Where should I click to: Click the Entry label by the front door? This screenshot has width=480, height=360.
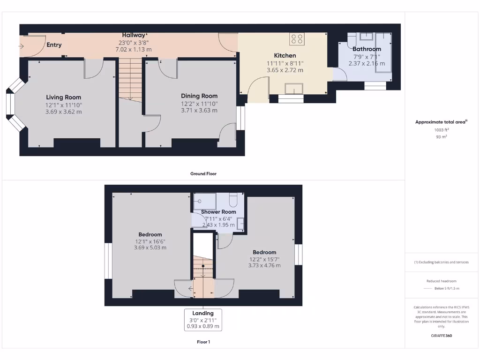point(54,45)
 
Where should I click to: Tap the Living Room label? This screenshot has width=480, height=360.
point(64,97)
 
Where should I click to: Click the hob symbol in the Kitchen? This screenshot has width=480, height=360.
point(297,39)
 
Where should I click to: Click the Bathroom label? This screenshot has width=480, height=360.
point(367,49)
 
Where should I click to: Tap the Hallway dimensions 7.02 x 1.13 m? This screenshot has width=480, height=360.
point(134,49)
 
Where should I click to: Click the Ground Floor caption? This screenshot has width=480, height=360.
point(203,173)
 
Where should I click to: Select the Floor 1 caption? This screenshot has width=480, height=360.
point(203,342)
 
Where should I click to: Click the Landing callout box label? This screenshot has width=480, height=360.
point(203,313)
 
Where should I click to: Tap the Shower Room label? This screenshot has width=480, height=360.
point(218,212)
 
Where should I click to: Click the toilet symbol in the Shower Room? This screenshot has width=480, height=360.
point(233,201)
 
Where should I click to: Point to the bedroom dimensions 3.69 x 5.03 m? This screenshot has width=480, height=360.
point(150,247)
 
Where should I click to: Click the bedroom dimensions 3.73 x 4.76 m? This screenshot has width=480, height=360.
point(264,265)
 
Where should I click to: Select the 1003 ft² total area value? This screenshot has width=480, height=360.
point(441,130)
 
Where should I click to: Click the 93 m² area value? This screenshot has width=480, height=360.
point(441,137)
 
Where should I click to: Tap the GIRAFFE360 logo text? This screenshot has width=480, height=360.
point(441,336)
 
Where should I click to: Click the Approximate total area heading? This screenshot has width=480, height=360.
point(441,122)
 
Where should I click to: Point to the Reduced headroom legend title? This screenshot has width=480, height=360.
point(441,281)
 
